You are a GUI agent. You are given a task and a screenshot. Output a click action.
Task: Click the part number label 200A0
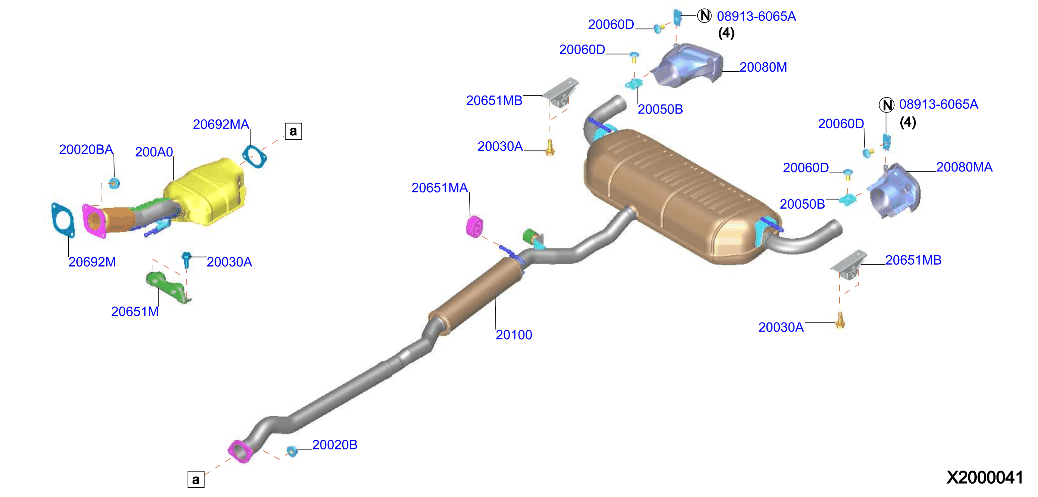coord(154,152)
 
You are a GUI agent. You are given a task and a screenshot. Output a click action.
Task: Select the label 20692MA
coord(221,124)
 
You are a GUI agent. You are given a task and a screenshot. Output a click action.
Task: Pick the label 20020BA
coord(86,149)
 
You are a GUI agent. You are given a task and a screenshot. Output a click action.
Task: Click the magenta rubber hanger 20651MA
coord(474,227)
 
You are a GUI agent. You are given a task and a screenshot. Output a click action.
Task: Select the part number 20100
coord(514,335)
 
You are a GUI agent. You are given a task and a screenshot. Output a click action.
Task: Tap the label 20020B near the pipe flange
coord(335,445)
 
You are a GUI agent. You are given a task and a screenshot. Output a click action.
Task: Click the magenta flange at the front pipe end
coord(240,451)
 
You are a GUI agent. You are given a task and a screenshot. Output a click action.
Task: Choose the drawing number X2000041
coord(984,478)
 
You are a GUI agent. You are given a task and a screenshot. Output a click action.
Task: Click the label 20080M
coord(763,67)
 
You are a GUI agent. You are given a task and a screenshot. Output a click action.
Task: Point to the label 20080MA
coord(964,167)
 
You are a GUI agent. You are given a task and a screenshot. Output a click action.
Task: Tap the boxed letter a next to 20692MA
coord(293,131)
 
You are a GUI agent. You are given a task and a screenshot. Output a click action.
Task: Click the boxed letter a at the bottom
coord(196,479)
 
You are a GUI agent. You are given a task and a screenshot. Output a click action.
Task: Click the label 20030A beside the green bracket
coord(229,262)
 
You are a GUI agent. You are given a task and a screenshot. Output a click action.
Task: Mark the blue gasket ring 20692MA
coord(254,156)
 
